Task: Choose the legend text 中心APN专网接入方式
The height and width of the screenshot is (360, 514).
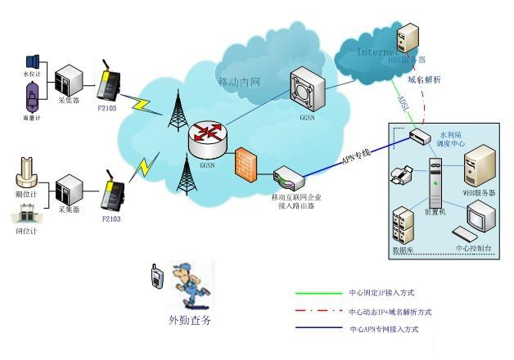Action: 384,329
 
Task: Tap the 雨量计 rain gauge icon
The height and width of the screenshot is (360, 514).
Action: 32,97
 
